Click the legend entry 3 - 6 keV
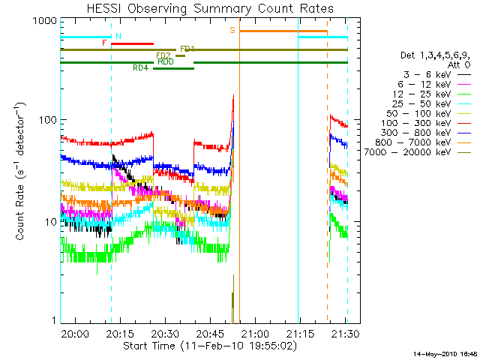pyautogui.click(x=429, y=75)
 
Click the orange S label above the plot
pyautogui.click(x=232, y=30)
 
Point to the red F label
pyautogui.click(x=104, y=43)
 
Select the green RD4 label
pyautogui.click(x=140, y=67)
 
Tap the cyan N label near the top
pyautogui.click(x=118, y=36)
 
